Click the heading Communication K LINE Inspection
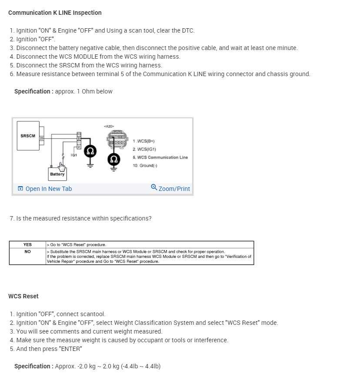pos(55,13)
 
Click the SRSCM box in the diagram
pos(28,136)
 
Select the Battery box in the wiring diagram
pos(57,174)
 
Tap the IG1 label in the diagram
pos(74,155)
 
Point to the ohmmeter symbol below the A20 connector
pos(114,159)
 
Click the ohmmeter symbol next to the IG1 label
pos(90,151)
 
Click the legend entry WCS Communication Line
pos(160,157)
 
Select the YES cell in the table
pos(27,245)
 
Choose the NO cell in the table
pos(27,251)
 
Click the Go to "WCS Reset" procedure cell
pos(77,245)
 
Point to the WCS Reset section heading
pos(23,296)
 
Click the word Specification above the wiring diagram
pos(32,91)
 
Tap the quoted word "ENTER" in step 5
pos(69,349)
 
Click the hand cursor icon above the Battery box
pos(62,167)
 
